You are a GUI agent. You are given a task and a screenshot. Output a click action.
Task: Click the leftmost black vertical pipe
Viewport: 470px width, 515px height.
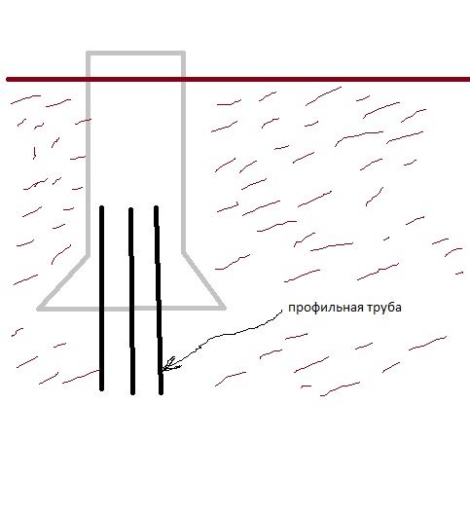point(102,298)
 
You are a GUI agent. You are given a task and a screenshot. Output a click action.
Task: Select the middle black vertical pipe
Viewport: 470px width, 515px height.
point(131,301)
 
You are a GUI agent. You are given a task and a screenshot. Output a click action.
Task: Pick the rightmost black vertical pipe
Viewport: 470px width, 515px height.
point(159,300)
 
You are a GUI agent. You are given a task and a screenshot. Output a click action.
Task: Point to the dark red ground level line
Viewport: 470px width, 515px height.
point(238,79)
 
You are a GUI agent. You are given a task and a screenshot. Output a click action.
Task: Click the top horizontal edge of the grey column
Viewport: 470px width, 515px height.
point(135,54)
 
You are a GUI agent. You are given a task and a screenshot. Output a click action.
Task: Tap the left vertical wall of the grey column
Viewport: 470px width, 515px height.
point(88,154)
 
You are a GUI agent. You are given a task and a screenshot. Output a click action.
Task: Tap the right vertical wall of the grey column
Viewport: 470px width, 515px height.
point(184,153)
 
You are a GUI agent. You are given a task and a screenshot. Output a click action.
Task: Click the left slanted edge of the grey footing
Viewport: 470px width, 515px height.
point(63,281)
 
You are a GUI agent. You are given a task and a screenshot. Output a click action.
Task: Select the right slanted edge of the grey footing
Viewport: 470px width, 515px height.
point(204,280)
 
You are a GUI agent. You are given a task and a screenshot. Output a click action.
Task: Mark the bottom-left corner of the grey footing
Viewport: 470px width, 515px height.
point(39,309)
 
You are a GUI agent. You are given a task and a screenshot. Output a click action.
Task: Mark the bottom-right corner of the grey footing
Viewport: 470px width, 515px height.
point(224,308)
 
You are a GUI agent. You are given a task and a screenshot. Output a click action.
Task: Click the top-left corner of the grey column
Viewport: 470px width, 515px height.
point(88,54)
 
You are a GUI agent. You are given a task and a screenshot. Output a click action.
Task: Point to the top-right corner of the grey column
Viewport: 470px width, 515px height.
point(184,54)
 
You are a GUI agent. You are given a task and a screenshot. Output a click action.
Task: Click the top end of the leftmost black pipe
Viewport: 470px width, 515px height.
point(102,207)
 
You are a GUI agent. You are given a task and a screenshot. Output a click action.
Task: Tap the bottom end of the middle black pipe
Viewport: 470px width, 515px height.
point(133,392)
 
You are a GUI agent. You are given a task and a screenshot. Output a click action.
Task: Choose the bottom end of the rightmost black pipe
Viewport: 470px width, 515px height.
point(161,392)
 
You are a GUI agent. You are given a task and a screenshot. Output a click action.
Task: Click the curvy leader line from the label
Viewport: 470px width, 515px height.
point(224,335)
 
